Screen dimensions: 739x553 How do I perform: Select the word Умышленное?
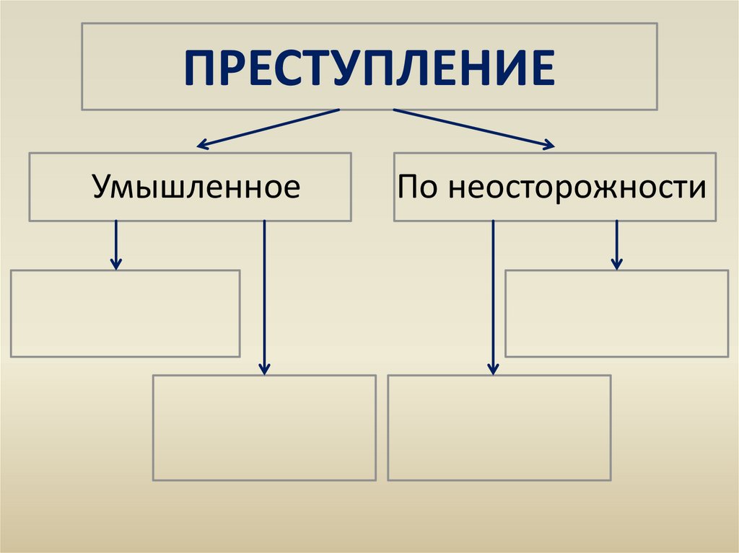click(x=196, y=187)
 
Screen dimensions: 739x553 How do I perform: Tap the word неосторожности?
click(x=577, y=187)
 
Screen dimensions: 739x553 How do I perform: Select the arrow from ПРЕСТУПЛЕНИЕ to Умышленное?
click(x=268, y=129)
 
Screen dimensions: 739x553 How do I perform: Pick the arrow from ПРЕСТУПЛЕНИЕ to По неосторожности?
click(x=473, y=129)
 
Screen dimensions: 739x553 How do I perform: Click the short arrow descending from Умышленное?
click(x=115, y=245)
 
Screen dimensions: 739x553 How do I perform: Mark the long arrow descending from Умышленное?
click(x=264, y=296)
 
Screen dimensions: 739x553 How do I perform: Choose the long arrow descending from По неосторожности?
click(x=493, y=296)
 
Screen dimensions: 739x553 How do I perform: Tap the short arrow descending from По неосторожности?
click(x=616, y=245)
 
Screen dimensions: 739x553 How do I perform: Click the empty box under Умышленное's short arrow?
click(x=126, y=314)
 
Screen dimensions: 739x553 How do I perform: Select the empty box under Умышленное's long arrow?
click(x=264, y=428)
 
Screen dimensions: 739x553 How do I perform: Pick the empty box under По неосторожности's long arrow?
click(x=499, y=428)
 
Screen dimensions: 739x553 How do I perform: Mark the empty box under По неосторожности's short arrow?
click(x=616, y=314)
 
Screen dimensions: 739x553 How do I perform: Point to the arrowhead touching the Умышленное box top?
click(x=204, y=146)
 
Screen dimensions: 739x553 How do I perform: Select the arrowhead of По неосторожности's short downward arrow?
click(x=616, y=265)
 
